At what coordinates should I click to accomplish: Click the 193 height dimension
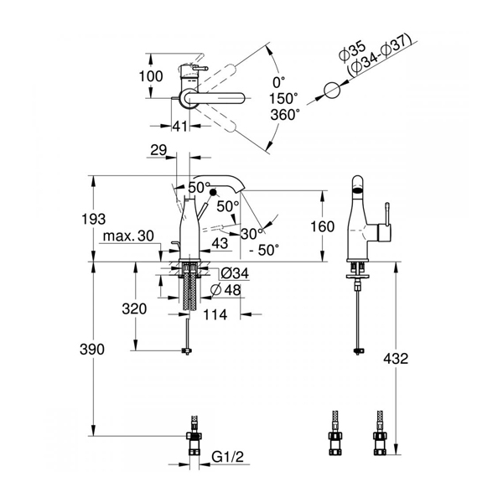click(93, 220)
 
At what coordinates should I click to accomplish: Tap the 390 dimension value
click(92, 350)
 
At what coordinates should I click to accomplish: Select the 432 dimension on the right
click(396, 359)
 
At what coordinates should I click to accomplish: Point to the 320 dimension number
click(134, 309)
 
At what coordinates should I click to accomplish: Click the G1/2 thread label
click(228, 457)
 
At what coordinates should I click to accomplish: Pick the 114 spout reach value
click(215, 314)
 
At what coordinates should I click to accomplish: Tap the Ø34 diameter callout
click(235, 273)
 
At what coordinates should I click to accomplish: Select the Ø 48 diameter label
click(226, 290)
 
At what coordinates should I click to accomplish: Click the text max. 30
click(128, 236)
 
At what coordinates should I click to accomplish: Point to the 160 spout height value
click(323, 227)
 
